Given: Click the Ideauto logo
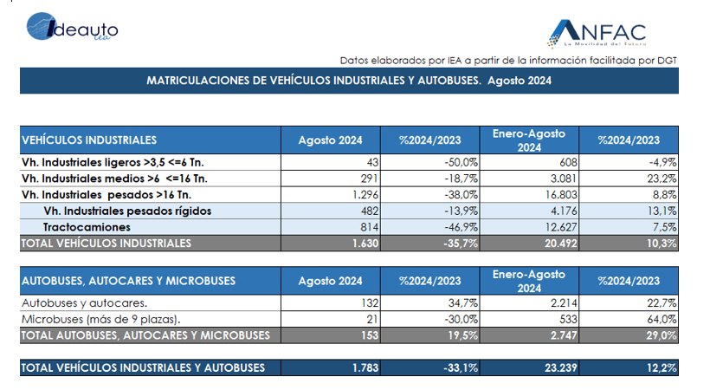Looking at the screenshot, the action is pyautogui.click(x=73, y=26).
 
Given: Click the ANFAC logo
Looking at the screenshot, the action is pyautogui.click(x=597, y=33).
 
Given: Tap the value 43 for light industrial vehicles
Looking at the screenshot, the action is pyautogui.click(x=372, y=162).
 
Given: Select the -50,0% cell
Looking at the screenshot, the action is pyautogui.click(x=461, y=162).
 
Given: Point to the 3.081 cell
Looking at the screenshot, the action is pyautogui.click(x=564, y=179).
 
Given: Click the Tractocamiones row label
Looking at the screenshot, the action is pyautogui.click(x=87, y=227).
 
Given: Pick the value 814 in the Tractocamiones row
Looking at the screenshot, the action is pyautogui.click(x=370, y=227).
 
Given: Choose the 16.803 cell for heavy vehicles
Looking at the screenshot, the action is pyautogui.click(x=561, y=195).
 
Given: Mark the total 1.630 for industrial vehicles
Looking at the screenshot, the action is pyautogui.click(x=365, y=244).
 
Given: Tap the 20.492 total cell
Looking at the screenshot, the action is pyautogui.click(x=560, y=244).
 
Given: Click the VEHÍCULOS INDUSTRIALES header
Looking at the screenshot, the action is pyautogui.click(x=89, y=140).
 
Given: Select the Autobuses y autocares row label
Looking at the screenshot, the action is pyautogui.click(x=84, y=303).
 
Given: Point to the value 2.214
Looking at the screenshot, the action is pyautogui.click(x=564, y=303).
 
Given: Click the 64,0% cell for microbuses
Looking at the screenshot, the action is pyautogui.click(x=662, y=319).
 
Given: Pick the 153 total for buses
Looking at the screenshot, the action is pyautogui.click(x=370, y=335).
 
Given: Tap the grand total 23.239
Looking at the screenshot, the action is pyautogui.click(x=560, y=367).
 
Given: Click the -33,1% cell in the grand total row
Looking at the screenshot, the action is pyautogui.click(x=461, y=367).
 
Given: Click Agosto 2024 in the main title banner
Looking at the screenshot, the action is pyautogui.click(x=520, y=81).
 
